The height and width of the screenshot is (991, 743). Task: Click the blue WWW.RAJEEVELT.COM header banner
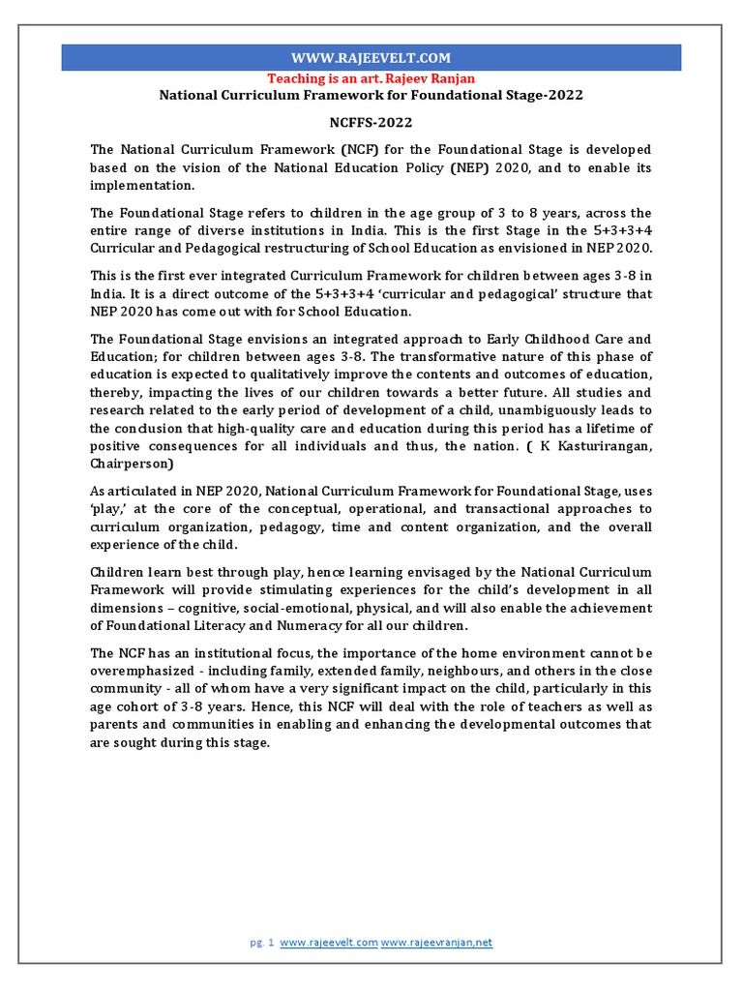(x=371, y=58)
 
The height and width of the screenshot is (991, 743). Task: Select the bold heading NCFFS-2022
(x=371, y=123)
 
